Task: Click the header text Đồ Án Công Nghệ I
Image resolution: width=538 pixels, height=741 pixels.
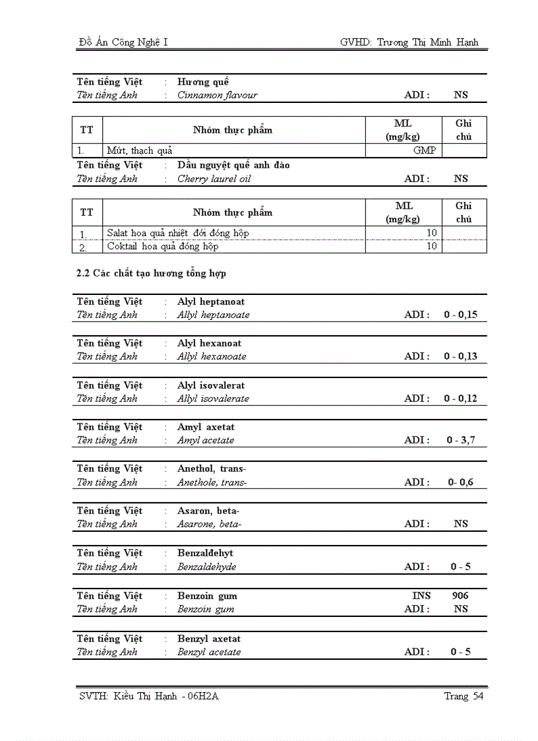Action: [123, 42]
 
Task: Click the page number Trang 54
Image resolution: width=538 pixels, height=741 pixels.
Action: [463, 696]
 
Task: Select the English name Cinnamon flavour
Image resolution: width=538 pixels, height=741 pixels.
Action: [217, 95]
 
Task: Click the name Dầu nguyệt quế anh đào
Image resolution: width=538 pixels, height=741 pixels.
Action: [233, 165]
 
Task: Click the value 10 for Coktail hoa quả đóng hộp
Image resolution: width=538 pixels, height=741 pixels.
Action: [431, 246]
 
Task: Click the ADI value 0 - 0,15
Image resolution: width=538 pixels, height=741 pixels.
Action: [460, 315]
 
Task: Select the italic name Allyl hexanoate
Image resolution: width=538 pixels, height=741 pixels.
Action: [212, 356]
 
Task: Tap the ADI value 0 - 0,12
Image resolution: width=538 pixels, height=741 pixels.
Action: [460, 399]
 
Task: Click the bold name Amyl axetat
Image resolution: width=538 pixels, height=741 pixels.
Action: [206, 427]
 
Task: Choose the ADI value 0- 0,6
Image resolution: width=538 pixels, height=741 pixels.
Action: [460, 482]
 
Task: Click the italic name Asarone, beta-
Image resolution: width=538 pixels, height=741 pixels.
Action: [210, 524]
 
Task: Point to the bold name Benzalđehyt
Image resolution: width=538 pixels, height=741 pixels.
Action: [205, 553]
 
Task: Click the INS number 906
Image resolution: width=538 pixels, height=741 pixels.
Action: [460, 596]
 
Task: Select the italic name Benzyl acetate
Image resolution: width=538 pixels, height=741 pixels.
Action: [209, 652]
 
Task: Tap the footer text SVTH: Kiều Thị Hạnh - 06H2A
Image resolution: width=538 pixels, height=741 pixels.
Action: [148, 696]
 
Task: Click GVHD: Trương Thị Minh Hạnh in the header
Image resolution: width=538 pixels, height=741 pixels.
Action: [409, 42]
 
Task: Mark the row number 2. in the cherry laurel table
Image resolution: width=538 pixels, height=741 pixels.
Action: [83, 247]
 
